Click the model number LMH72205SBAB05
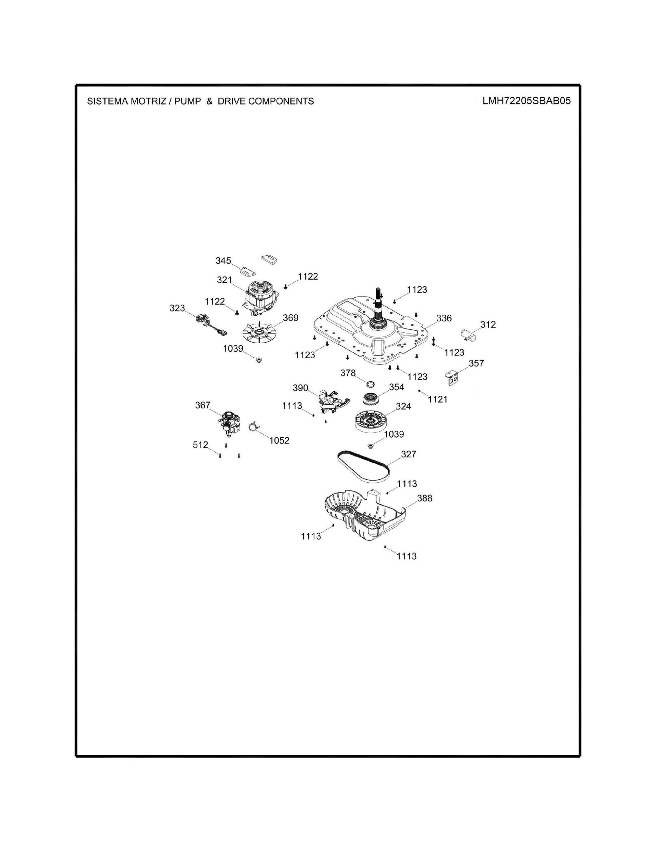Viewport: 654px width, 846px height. click(x=526, y=101)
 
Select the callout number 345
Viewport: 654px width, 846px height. click(x=223, y=261)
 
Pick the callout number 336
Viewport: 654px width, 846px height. click(x=444, y=318)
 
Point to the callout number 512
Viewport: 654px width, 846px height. click(x=200, y=445)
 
